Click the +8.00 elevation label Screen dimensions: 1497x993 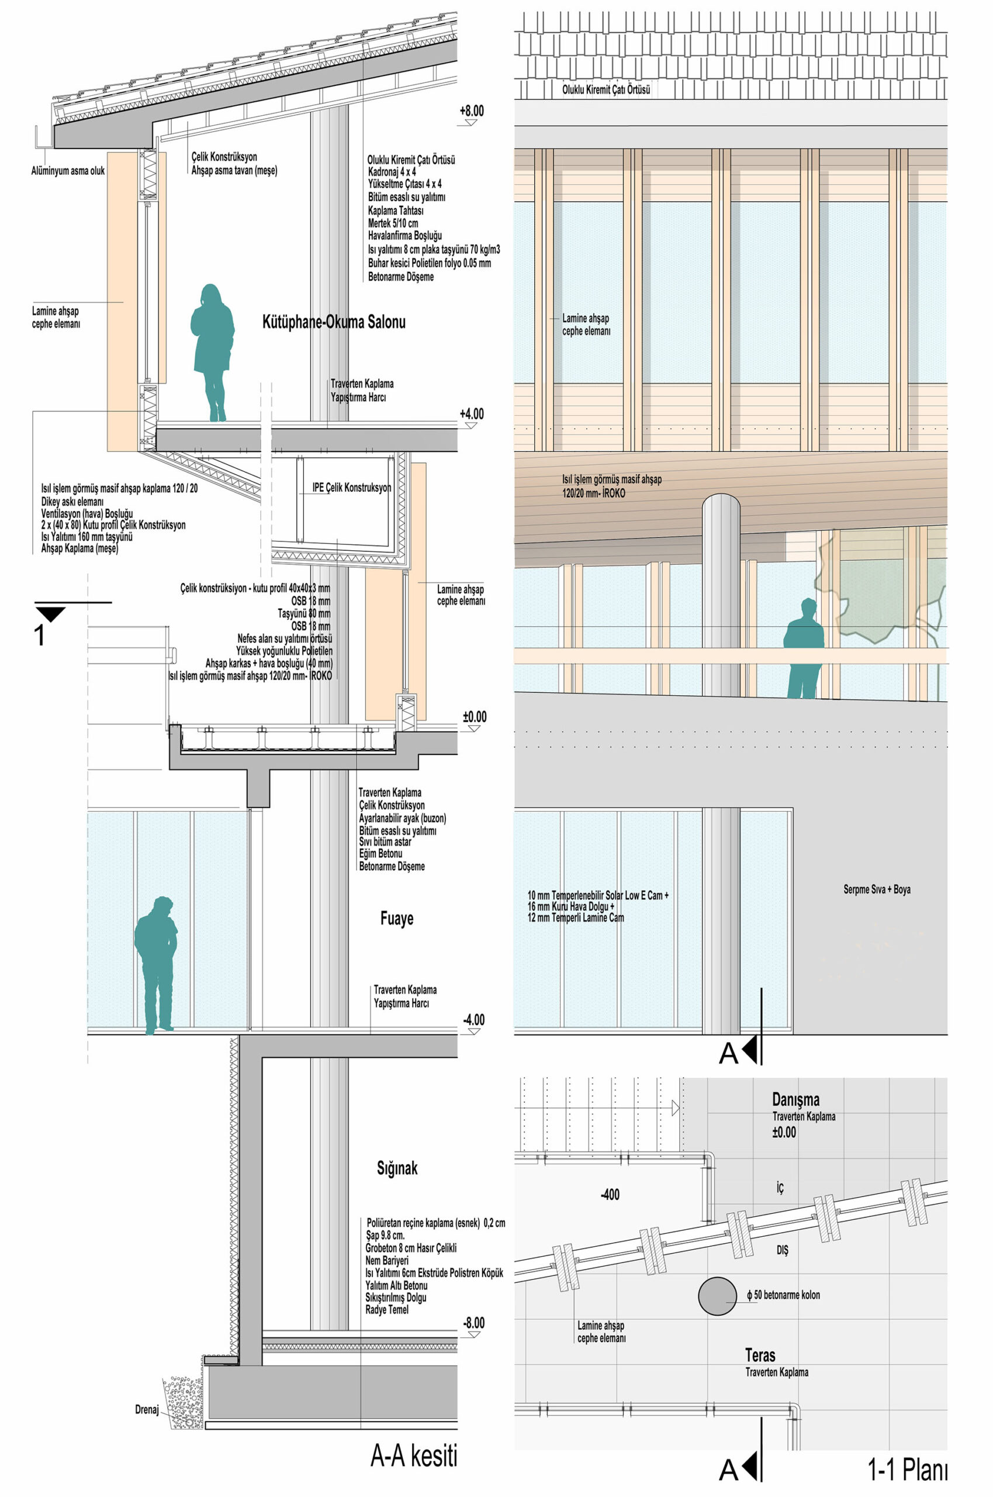pyautogui.click(x=472, y=111)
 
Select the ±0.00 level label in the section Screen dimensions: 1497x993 pyautogui.click(x=475, y=716)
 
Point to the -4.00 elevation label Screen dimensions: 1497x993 pyautogui.click(x=473, y=1020)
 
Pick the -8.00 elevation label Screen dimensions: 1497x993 pyautogui.click(x=473, y=1323)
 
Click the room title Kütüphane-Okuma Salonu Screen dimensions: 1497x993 pyautogui.click(x=334, y=322)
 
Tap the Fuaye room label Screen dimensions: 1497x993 pyautogui.click(x=396, y=919)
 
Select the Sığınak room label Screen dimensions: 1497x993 pyautogui.click(x=397, y=1168)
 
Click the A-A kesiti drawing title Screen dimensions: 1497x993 pyautogui.click(x=414, y=1456)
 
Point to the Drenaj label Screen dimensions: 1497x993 pyautogui.click(x=146, y=1409)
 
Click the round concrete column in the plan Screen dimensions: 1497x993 pyautogui.click(x=717, y=1295)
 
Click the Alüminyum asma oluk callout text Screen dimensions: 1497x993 pyautogui.click(x=68, y=171)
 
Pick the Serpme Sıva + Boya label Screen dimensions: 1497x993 pyautogui.click(x=877, y=889)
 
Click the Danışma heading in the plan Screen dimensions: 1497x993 pyautogui.click(x=795, y=1100)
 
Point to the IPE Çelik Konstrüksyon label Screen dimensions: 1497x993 pyautogui.click(x=351, y=488)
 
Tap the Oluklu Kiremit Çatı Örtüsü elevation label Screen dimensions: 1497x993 pyautogui.click(x=606, y=90)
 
